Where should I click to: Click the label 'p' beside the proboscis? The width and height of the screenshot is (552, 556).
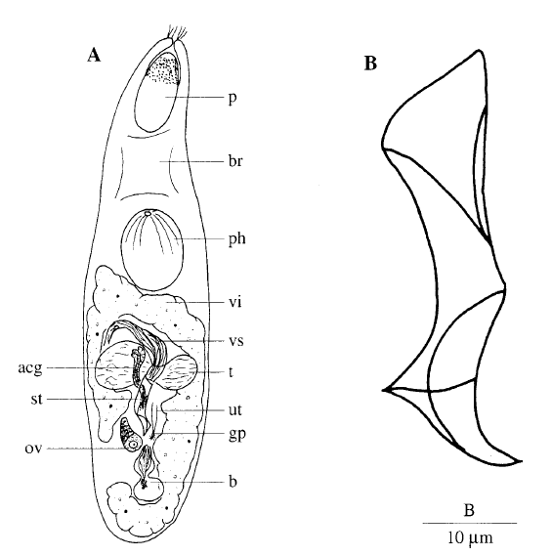[233, 99]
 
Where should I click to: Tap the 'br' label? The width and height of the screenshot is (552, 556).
[235, 161]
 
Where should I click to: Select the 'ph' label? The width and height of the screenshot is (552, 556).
[236, 238]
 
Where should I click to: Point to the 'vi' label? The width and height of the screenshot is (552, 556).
[234, 302]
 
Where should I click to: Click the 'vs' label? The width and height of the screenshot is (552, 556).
[235, 341]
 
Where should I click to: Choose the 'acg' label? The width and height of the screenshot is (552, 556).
[30, 368]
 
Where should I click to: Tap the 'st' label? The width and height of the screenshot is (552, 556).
[36, 400]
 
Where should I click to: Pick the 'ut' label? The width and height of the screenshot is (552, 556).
[235, 409]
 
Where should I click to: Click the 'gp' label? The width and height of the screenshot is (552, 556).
[237, 434]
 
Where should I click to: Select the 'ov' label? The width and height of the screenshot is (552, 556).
[33, 449]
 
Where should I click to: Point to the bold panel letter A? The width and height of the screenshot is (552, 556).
[94, 55]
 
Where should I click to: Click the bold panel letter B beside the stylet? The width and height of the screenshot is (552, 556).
[370, 64]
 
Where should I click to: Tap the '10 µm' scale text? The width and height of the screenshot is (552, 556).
[470, 537]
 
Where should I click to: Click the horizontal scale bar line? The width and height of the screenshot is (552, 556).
[470, 523]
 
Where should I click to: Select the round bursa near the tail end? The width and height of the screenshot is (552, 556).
[149, 490]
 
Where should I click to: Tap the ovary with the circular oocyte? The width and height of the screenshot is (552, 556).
[129, 434]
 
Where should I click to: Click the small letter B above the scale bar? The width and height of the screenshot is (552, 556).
[469, 511]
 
